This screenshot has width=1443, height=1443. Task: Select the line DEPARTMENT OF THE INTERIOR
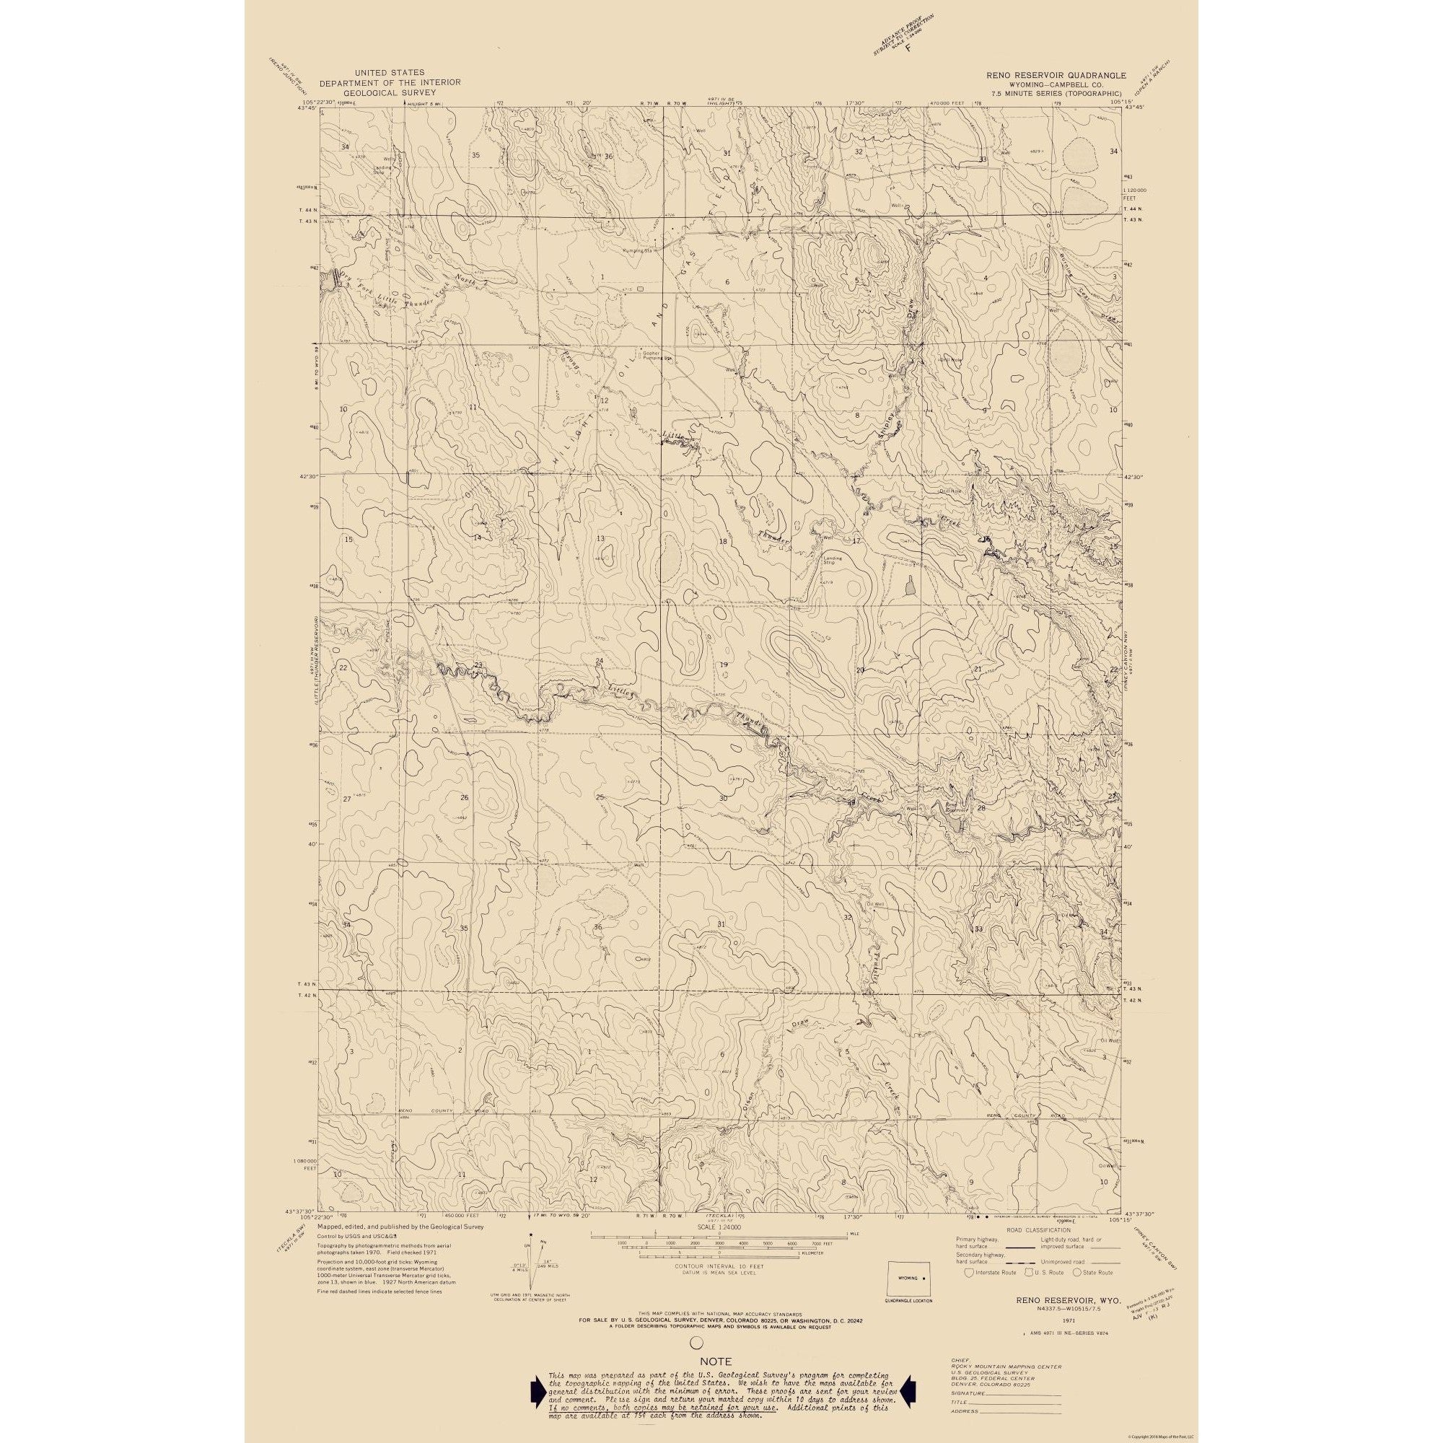point(390,82)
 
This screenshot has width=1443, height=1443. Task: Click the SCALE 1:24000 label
point(718,1227)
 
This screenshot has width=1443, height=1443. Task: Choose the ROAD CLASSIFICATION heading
point(1039,1229)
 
